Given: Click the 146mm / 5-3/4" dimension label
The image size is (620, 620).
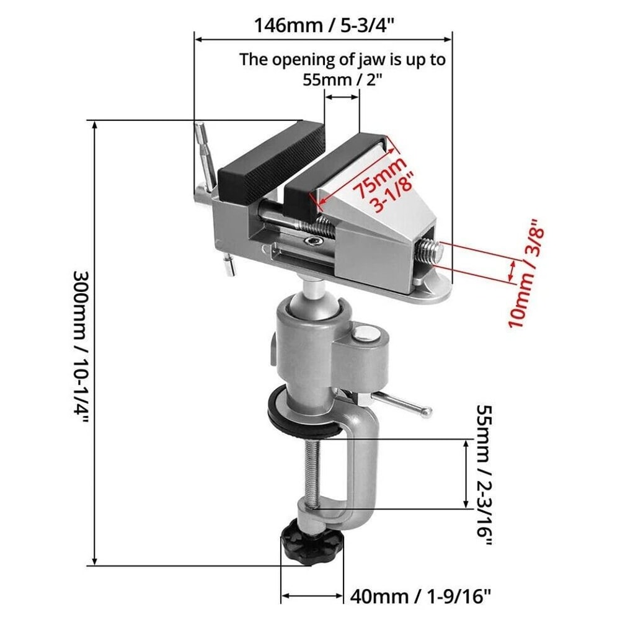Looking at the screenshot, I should pos(325,26).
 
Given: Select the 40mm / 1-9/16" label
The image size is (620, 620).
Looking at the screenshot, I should pos(421,596).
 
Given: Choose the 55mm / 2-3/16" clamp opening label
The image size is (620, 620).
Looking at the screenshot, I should pos(484,475).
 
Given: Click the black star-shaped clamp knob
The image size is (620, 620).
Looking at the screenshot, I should pos(308,542).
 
